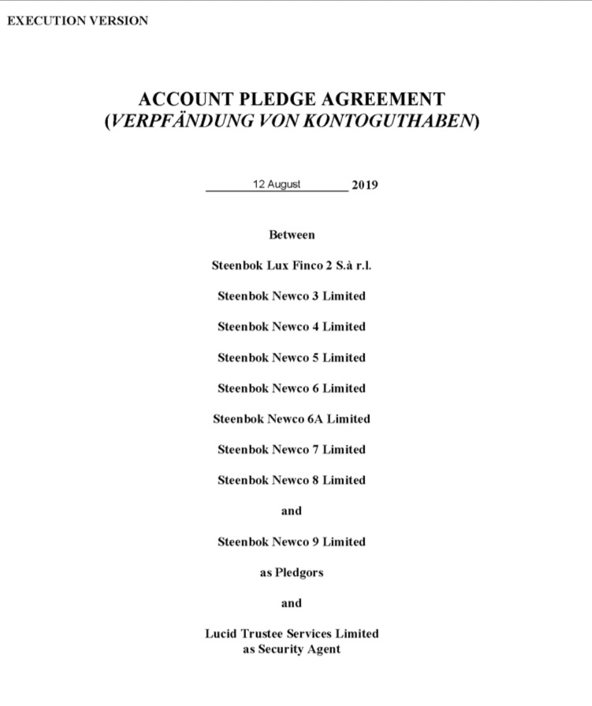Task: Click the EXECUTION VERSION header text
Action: (x=77, y=21)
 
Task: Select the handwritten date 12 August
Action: (x=277, y=184)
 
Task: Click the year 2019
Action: (x=364, y=186)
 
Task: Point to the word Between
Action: (x=292, y=235)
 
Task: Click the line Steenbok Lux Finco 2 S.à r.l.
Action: (x=292, y=266)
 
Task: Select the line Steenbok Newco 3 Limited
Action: (x=292, y=296)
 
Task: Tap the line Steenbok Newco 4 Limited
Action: (x=292, y=327)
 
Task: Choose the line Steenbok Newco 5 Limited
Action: (x=292, y=358)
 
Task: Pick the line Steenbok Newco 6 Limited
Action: (x=292, y=388)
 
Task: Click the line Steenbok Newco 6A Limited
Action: (x=292, y=419)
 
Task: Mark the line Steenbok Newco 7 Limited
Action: (x=292, y=450)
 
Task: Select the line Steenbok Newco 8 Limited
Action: (x=292, y=480)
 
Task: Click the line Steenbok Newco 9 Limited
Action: (x=292, y=542)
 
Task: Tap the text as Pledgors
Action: (x=292, y=573)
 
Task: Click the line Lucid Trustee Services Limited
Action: (x=292, y=634)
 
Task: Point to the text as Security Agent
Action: (x=292, y=649)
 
